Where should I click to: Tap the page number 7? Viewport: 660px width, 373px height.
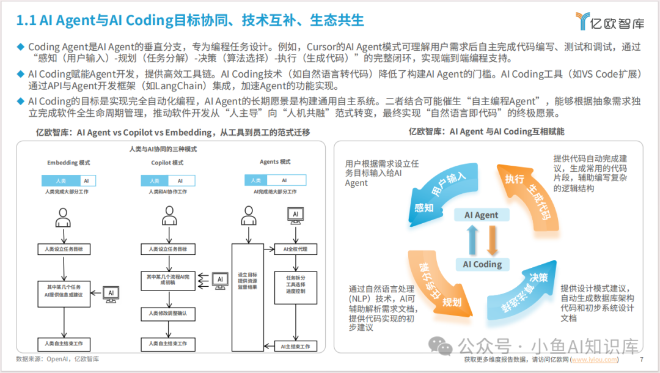pyautogui.click(x=642, y=360)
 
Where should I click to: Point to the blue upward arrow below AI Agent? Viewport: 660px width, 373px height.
pyautogui.click(x=472, y=239)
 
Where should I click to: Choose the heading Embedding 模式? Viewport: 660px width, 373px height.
pyautogui.click(x=68, y=163)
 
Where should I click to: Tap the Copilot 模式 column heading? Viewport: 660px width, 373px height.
pyautogui.click(x=167, y=163)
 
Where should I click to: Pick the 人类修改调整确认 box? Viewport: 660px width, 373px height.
pyautogui.click(x=167, y=313)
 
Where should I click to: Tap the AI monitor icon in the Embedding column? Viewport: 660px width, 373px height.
pyautogui.click(x=111, y=293)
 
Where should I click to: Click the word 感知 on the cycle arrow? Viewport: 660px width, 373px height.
pyautogui.click(x=424, y=207)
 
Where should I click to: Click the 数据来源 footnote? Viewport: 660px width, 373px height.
pyautogui.click(x=58, y=360)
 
